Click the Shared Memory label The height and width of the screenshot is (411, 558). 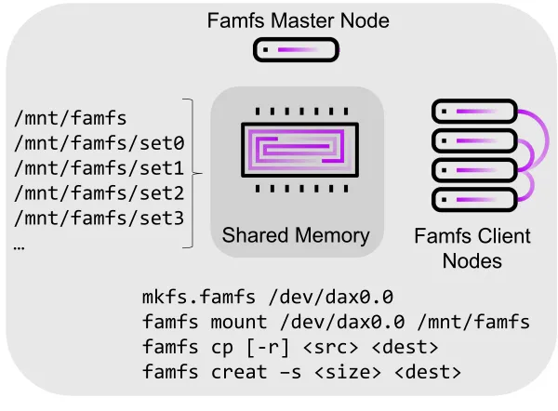tap(296, 235)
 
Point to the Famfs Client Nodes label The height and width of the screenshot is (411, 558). tap(472, 247)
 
